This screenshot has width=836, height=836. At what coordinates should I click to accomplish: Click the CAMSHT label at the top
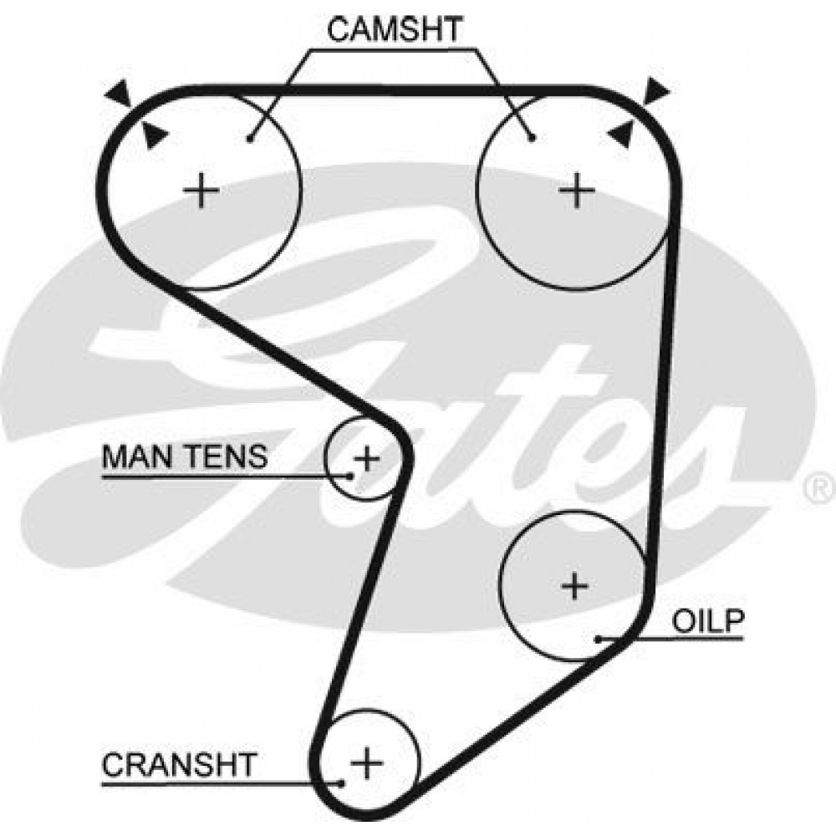[x=395, y=29]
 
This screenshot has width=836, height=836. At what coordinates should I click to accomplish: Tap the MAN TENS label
[x=185, y=456]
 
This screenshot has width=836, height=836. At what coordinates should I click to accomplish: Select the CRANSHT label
[x=180, y=764]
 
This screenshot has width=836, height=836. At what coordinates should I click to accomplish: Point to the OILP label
[x=707, y=621]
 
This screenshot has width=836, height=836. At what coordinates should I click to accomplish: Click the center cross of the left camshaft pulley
[x=201, y=191]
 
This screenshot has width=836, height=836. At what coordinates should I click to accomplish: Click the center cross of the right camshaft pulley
[x=576, y=191]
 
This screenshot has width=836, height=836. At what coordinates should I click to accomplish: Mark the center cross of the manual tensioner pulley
[x=367, y=458]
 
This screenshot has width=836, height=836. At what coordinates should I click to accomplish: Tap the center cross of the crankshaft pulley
[x=367, y=762]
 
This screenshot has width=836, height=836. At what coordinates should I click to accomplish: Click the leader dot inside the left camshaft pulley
[x=249, y=139]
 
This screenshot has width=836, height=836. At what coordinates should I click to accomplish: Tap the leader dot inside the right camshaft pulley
[x=532, y=139]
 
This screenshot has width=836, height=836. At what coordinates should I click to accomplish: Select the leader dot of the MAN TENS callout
[x=350, y=477]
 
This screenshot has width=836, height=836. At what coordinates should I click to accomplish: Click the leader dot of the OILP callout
[x=599, y=639]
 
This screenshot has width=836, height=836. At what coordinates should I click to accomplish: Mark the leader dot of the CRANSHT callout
[x=342, y=783]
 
